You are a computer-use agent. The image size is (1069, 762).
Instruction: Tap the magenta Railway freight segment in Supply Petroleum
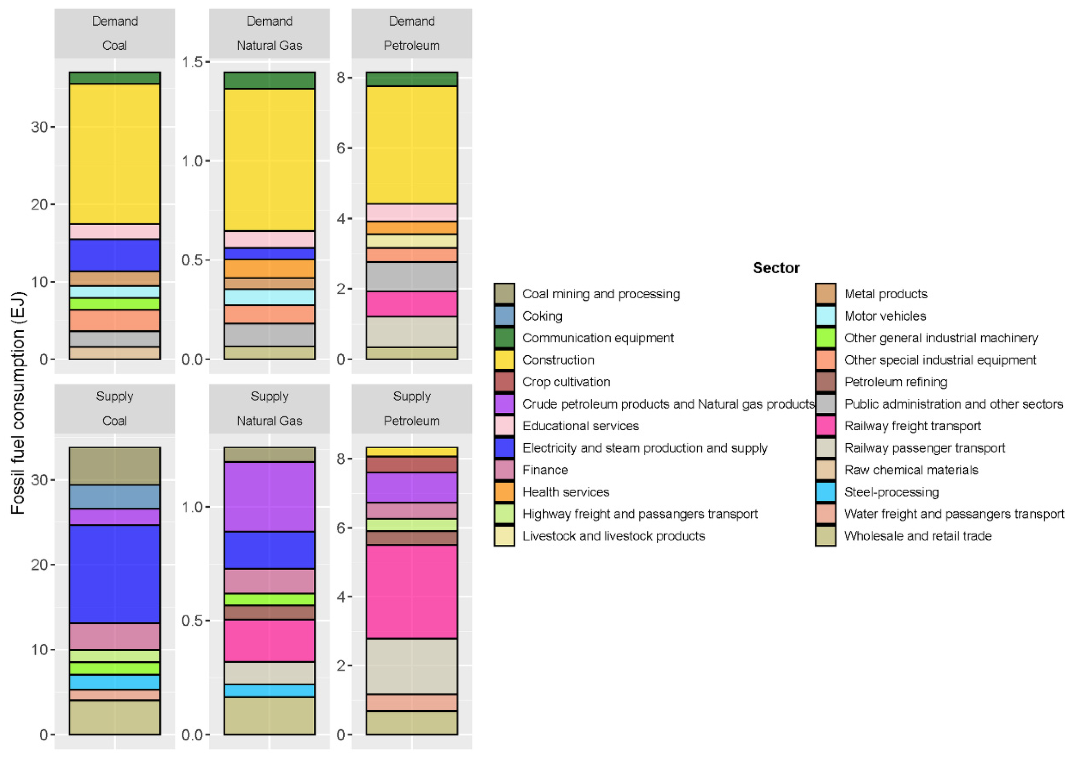[x=411, y=591]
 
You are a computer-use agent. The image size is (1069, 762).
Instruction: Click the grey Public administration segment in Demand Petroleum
[x=411, y=276]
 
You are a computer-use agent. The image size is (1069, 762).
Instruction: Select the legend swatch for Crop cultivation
[x=504, y=382]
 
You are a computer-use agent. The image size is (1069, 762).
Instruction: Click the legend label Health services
[x=565, y=492]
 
